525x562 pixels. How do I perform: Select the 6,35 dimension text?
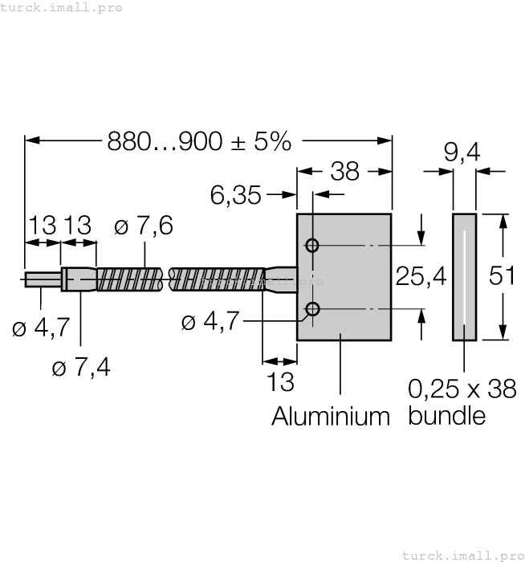(x=235, y=194)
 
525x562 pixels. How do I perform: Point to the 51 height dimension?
(x=503, y=275)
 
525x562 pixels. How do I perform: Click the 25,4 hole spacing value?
(x=421, y=277)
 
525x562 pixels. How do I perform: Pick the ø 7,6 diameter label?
(x=144, y=227)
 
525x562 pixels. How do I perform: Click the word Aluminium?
(x=330, y=416)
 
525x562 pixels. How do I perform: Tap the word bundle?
(x=447, y=416)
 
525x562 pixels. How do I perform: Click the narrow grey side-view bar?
(x=464, y=278)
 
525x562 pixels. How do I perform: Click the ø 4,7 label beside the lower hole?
(x=210, y=323)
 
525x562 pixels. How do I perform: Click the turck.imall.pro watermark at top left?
(x=61, y=7)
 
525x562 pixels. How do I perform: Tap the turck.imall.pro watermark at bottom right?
(x=462, y=555)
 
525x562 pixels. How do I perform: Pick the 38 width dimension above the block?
(x=345, y=171)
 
